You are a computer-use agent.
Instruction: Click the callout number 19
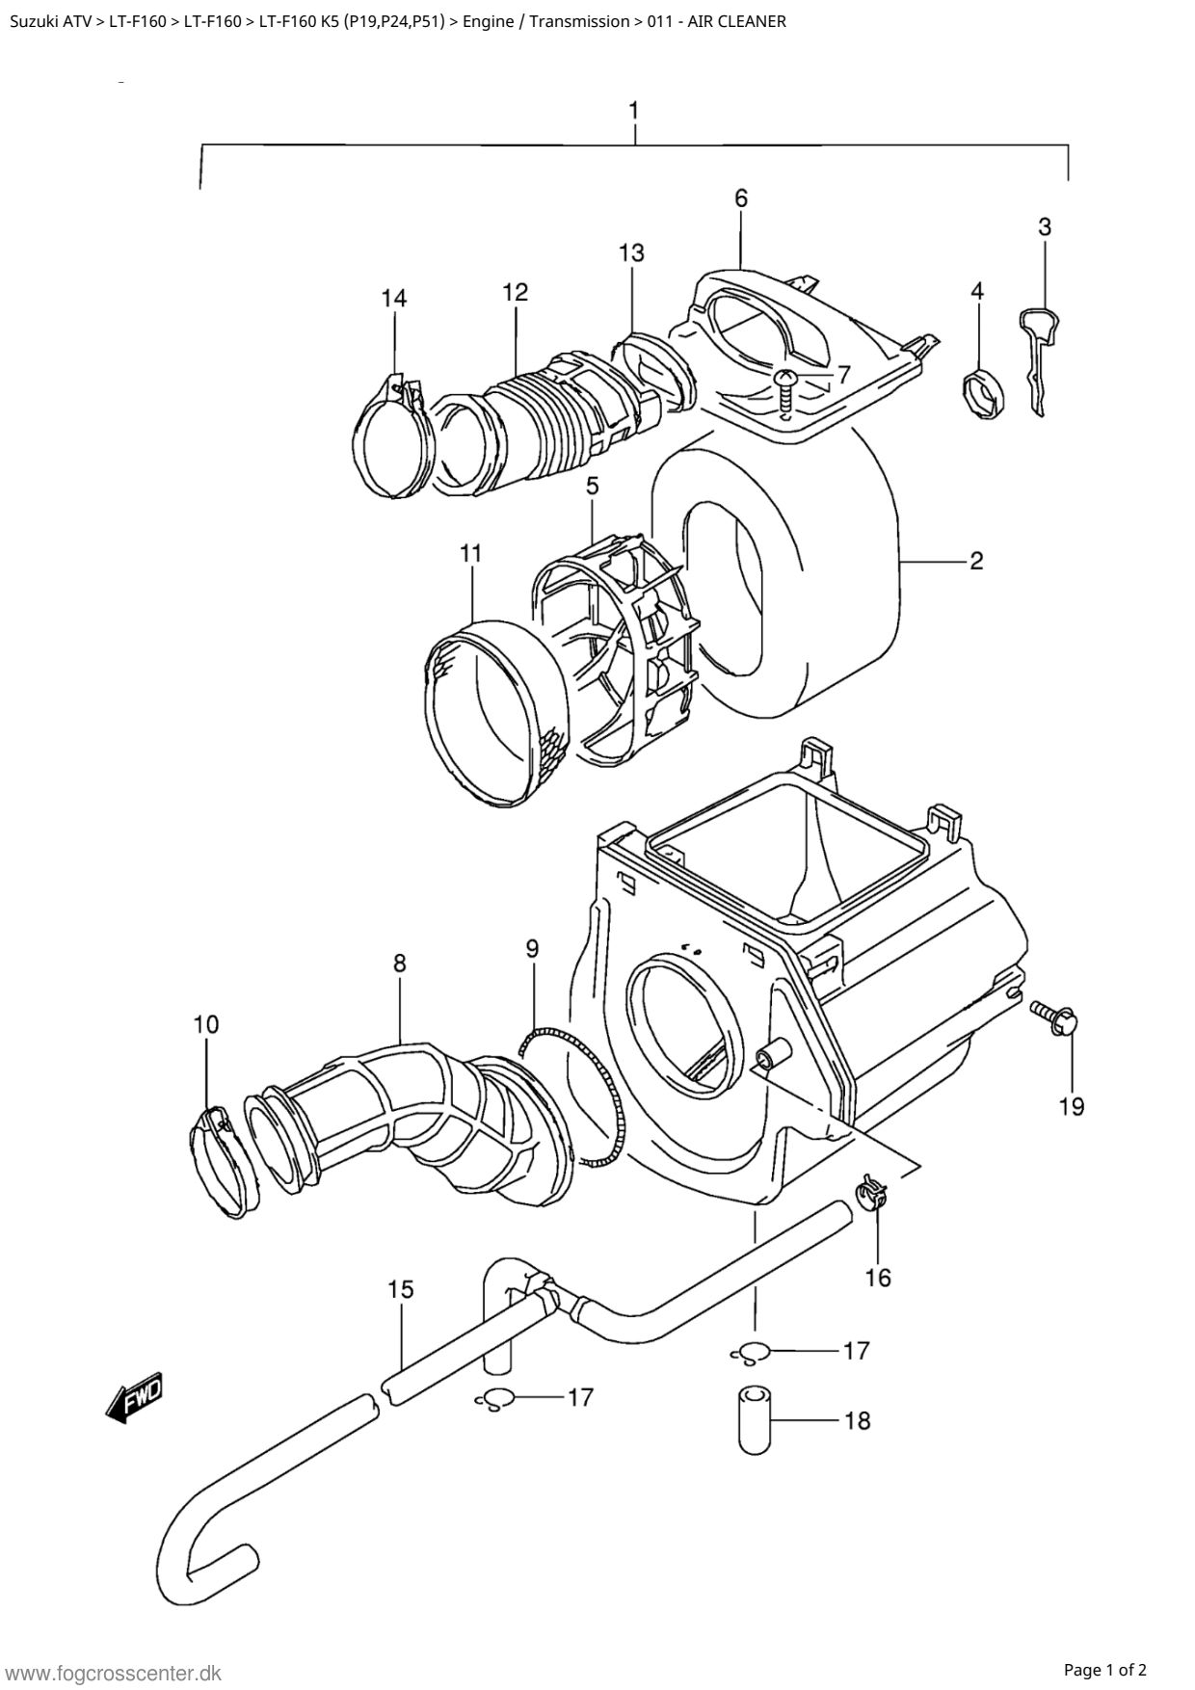(x=1071, y=1106)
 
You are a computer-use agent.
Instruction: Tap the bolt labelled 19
(x=1055, y=1017)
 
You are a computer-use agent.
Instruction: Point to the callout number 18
(x=856, y=1420)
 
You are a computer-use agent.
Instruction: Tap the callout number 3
(x=1045, y=226)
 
